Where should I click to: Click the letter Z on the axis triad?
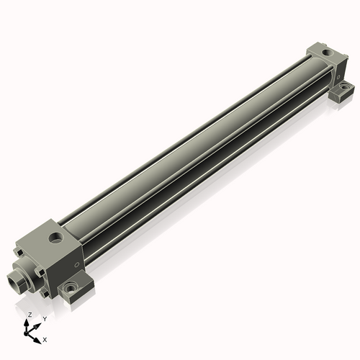tap(29, 315)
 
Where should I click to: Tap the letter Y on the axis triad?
tap(45, 318)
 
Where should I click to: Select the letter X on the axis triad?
tap(45, 338)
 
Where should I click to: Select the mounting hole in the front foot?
tap(71, 287)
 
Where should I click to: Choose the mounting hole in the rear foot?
tap(342, 91)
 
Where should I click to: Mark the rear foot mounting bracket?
tap(339, 93)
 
